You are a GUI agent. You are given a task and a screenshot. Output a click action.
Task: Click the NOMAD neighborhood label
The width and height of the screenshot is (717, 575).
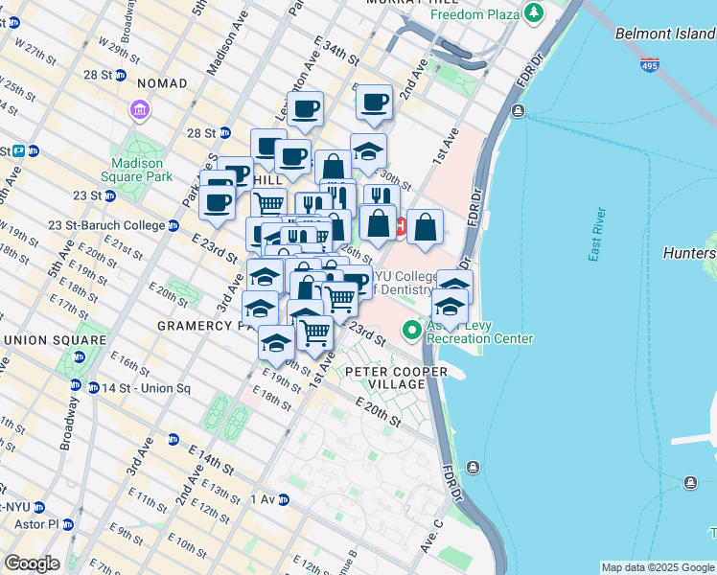coord(162,83)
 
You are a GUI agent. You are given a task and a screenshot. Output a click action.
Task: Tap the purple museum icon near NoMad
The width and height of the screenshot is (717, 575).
coord(141,111)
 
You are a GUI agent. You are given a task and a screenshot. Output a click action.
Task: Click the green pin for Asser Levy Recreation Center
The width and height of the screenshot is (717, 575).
coord(412,331)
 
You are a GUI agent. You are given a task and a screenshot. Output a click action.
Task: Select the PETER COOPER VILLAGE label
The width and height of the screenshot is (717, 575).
coord(384,378)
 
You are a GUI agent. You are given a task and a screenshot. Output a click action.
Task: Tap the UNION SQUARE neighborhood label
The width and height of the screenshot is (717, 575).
coord(55,340)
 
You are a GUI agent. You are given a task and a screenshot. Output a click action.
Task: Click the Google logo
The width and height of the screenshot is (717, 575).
coord(32,563)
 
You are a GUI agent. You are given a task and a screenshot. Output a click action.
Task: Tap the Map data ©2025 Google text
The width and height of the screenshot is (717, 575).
coord(657,567)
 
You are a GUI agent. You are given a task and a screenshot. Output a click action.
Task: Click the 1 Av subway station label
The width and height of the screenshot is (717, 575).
coord(263,499)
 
